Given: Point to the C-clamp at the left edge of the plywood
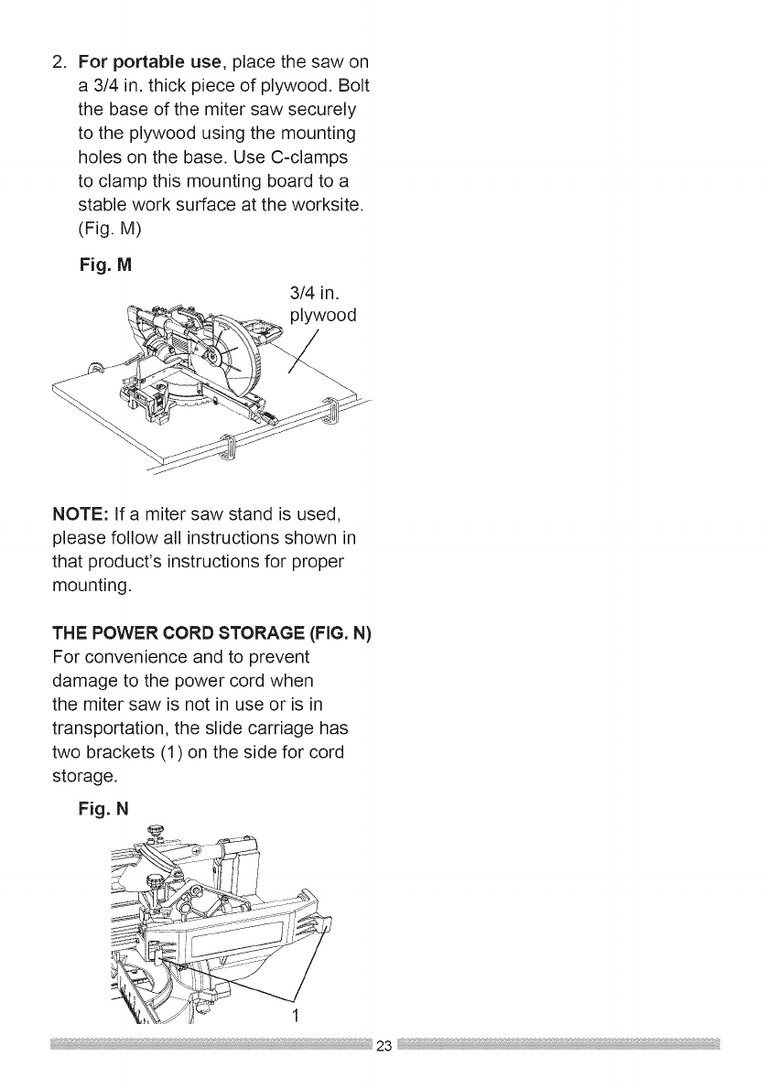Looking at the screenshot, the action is [94, 371].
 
